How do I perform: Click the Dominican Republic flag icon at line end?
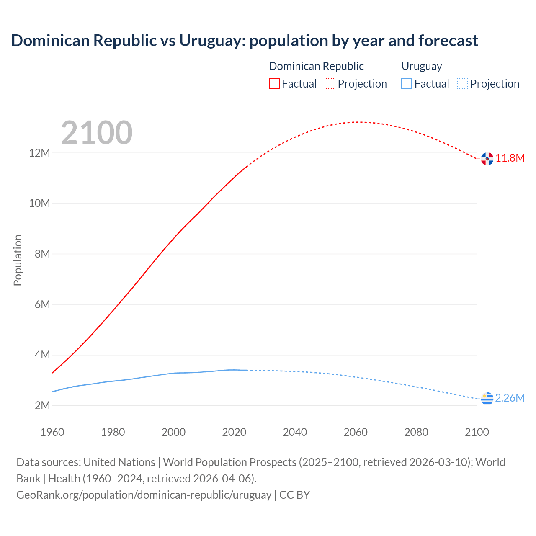(487, 159)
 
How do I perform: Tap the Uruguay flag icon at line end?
(487, 399)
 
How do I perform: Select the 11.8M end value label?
(510, 158)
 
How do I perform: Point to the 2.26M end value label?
(510, 398)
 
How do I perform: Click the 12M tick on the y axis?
(39, 153)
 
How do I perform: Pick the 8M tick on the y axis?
(42, 254)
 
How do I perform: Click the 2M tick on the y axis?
(42, 405)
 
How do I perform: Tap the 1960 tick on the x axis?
(52, 432)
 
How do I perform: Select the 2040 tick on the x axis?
(295, 432)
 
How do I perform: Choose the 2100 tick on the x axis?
(477, 432)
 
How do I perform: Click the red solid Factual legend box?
(274, 83)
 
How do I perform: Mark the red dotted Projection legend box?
(330, 83)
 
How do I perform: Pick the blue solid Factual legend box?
(407, 83)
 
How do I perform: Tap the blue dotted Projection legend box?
(463, 83)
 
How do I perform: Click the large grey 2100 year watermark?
(97, 133)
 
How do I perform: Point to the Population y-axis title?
(18, 260)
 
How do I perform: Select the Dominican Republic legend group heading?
(316, 66)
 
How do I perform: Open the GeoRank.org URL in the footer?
(144, 495)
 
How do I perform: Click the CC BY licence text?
(294, 495)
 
